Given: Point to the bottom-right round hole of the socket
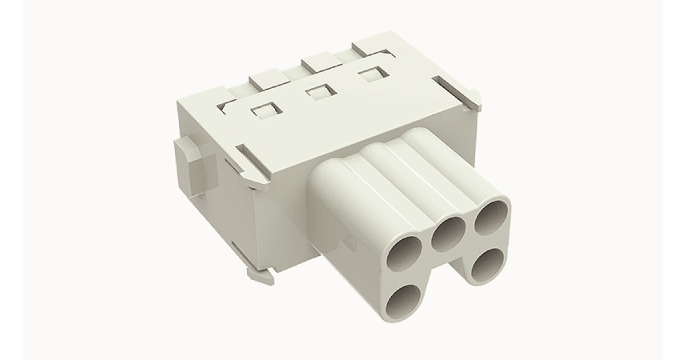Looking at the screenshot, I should (x=486, y=265).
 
